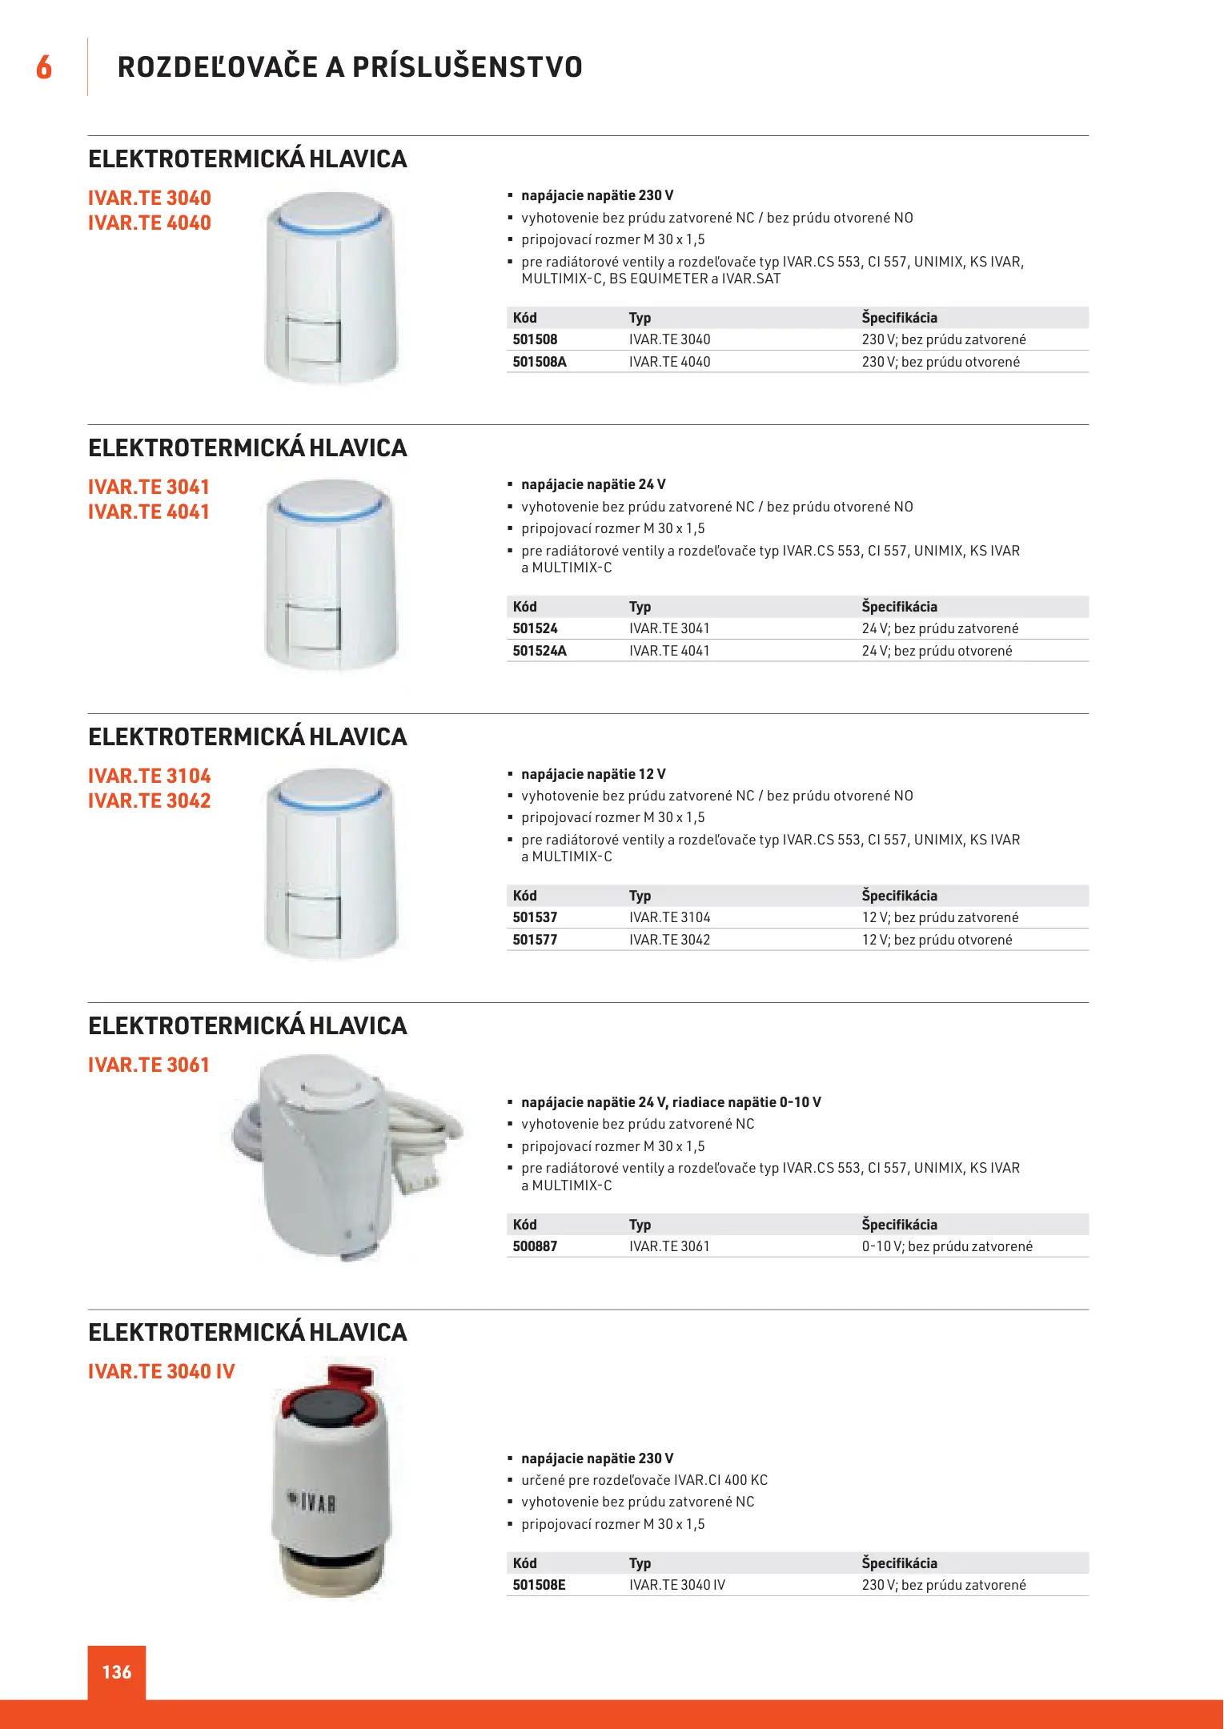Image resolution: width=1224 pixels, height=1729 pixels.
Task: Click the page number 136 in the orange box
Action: pyautogui.click(x=117, y=1672)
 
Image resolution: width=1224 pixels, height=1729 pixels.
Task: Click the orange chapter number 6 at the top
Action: pyautogui.click(x=44, y=67)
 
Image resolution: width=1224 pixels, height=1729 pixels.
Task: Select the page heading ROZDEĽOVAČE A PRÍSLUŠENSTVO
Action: pyautogui.click(x=350, y=67)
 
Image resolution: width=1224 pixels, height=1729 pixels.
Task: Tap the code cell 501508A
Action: pyautogui.click(x=540, y=362)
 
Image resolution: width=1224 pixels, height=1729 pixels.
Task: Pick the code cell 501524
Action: pyautogui.click(x=535, y=628)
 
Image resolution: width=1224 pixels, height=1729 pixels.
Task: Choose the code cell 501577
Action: pyautogui.click(x=535, y=940)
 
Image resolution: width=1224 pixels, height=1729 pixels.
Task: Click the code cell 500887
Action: pyautogui.click(x=535, y=1246)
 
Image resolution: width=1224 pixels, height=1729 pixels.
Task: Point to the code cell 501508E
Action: pyautogui.click(x=539, y=1585)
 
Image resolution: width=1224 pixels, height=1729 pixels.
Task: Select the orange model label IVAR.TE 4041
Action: pyautogui.click(x=149, y=512)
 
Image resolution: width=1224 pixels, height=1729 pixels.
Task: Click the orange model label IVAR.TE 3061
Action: pyautogui.click(x=149, y=1065)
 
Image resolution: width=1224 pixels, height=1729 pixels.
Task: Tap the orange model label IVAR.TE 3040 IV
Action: pyautogui.click(x=162, y=1372)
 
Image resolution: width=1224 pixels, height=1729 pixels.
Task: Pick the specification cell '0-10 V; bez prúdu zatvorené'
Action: pyautogui.click(x=947, y=1246)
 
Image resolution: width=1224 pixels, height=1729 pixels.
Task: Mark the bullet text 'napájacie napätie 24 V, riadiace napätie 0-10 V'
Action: pyautogui.click(x=671, y=1102)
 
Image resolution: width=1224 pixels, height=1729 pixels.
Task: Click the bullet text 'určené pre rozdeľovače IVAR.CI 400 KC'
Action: pyautogui.click(x=644, y=1480)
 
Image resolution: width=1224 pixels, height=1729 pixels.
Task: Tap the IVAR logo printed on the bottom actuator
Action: pyautogui.click(x=312, y=1502)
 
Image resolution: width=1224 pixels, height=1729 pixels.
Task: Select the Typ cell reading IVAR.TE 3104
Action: pyautogui.click(x=669, y=917)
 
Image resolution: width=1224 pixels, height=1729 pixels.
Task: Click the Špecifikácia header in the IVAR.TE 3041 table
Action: pyautogui.click(x=899, y=607)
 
